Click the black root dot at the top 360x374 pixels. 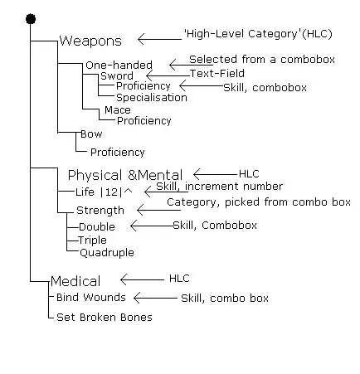point(31,17)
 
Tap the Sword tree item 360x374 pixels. point(117,75)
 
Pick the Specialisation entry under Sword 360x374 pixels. point(151,97)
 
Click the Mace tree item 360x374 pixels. point(117,110)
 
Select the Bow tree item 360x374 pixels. point(91,134)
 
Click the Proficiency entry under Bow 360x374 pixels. point(117,153)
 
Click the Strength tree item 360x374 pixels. point(100,210)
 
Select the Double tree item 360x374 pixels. point(97,226)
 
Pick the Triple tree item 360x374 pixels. point(93,240)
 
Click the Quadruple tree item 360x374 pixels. point(106,252)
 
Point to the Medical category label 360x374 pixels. point(75,281)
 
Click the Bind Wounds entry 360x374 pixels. point(91,297)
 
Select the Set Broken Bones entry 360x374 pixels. point(105,317)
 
